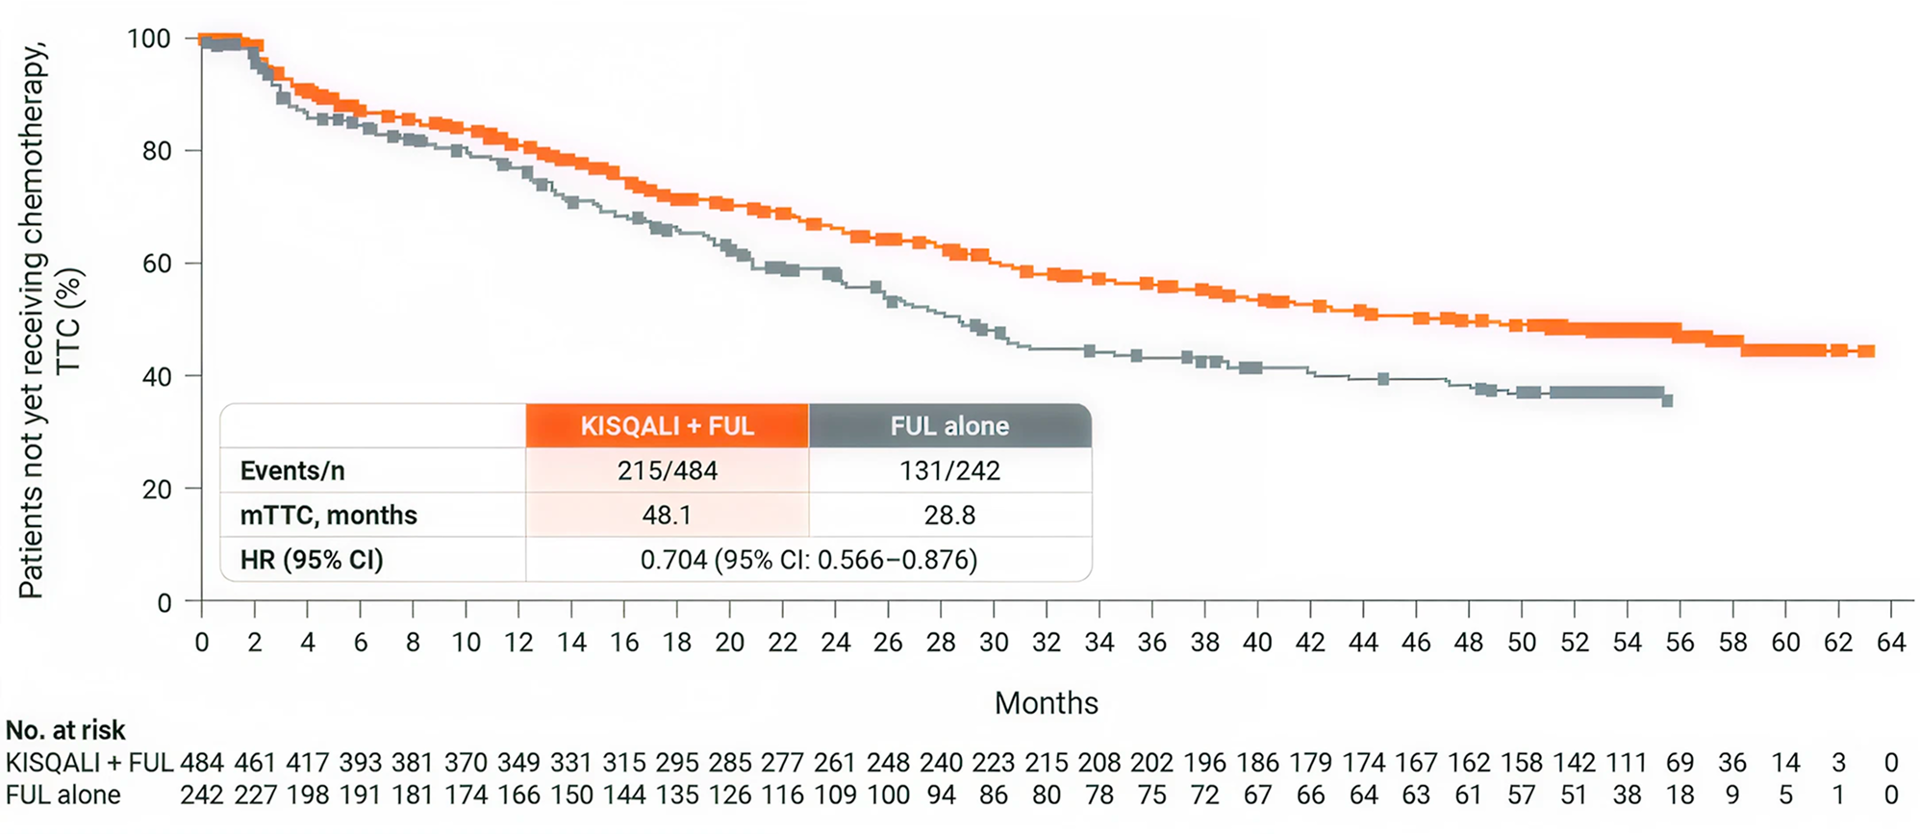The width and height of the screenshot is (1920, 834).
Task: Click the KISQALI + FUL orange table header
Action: click(667, 426)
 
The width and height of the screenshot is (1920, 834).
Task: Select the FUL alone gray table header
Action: click(949, 426)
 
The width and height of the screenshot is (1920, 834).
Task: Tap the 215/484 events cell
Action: click(667, 470)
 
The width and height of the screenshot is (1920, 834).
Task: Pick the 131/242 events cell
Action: click(949, 470)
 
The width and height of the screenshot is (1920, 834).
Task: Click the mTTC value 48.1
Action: click(667, 515)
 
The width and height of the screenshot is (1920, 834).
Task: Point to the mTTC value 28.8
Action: click(949, 515)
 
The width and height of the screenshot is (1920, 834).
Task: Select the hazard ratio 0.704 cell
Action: click(808, 560)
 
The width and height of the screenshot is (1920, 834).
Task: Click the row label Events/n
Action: click(292, 470)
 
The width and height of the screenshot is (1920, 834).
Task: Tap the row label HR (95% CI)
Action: click(312, 560)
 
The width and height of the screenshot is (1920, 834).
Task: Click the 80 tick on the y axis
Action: click(157, 151)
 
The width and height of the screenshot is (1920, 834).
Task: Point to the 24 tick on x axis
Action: click(835, 643)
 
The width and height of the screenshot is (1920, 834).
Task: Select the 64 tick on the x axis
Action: click(1891, 643)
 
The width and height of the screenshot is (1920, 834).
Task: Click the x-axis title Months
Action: click(1046, 703)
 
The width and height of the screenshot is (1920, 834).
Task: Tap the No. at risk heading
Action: click(65, 730)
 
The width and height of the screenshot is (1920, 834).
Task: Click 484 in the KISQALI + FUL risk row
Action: click(202, 763)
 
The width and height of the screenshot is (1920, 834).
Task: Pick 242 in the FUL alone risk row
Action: click(202, 796)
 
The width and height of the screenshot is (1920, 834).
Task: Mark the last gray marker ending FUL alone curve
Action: click(1667, 400)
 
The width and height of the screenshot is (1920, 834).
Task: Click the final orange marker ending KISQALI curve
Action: click(1866, 351)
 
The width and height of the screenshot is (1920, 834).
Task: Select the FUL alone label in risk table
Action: click(63, 796)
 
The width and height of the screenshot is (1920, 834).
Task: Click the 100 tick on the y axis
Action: click(149, 38)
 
